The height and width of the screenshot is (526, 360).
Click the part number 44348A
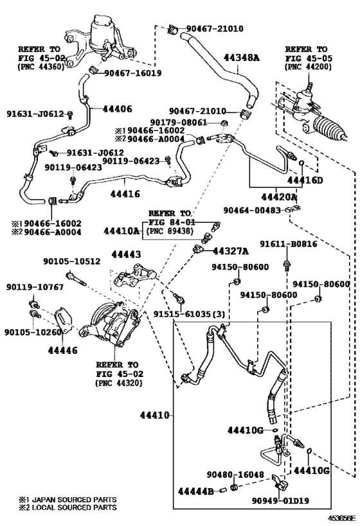point(242,58)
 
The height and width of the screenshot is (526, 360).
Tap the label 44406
point(117,109)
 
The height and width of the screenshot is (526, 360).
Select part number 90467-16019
point(132,73)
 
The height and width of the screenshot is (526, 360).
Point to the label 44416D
point(305,180)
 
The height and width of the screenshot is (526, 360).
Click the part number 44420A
point(279,197)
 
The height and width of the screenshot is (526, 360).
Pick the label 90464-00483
point(252,210)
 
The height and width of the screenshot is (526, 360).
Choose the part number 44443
point(126,254)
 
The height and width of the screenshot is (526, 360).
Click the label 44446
point(63,350)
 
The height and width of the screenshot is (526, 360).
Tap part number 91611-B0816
point(289,244)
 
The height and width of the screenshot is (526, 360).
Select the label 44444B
point(195,491)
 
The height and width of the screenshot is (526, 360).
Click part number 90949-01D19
point(280,501)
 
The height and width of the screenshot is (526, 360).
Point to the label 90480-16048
point(235,475)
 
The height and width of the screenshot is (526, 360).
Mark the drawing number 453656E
point(341,518)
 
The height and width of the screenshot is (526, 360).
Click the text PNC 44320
point(119,383)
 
